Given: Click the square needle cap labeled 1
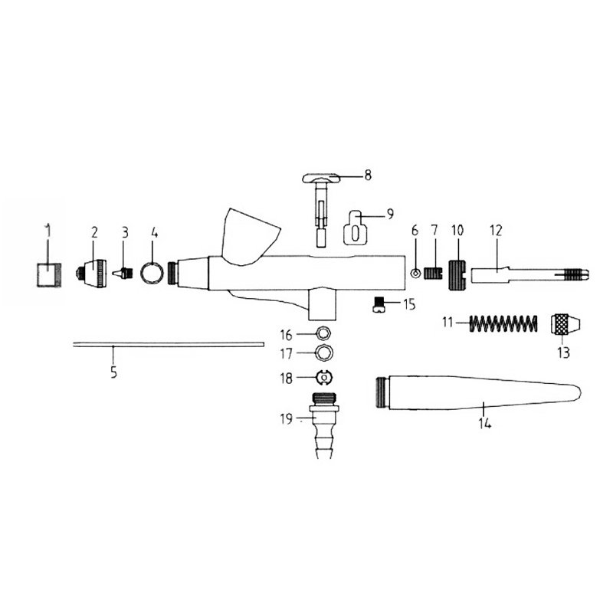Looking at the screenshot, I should (48, 274).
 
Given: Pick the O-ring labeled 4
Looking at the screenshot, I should (152, 272).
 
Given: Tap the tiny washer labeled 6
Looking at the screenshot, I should (415, 272).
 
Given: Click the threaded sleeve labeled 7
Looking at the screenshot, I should (434, 272).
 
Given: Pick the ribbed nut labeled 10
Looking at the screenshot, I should (457, 272).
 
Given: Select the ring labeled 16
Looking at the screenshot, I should (325, 333).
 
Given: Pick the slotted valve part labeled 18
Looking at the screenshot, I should (325, 376).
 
